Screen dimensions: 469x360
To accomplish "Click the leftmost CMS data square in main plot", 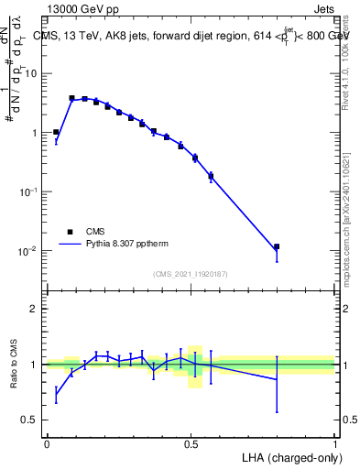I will coord(56,132).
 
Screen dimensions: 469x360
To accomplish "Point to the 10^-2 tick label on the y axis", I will coord(28,251).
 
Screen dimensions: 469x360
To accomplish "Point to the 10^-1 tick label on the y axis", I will coord(28,191).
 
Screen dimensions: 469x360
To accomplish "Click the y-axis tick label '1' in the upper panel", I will coord(34,133).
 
